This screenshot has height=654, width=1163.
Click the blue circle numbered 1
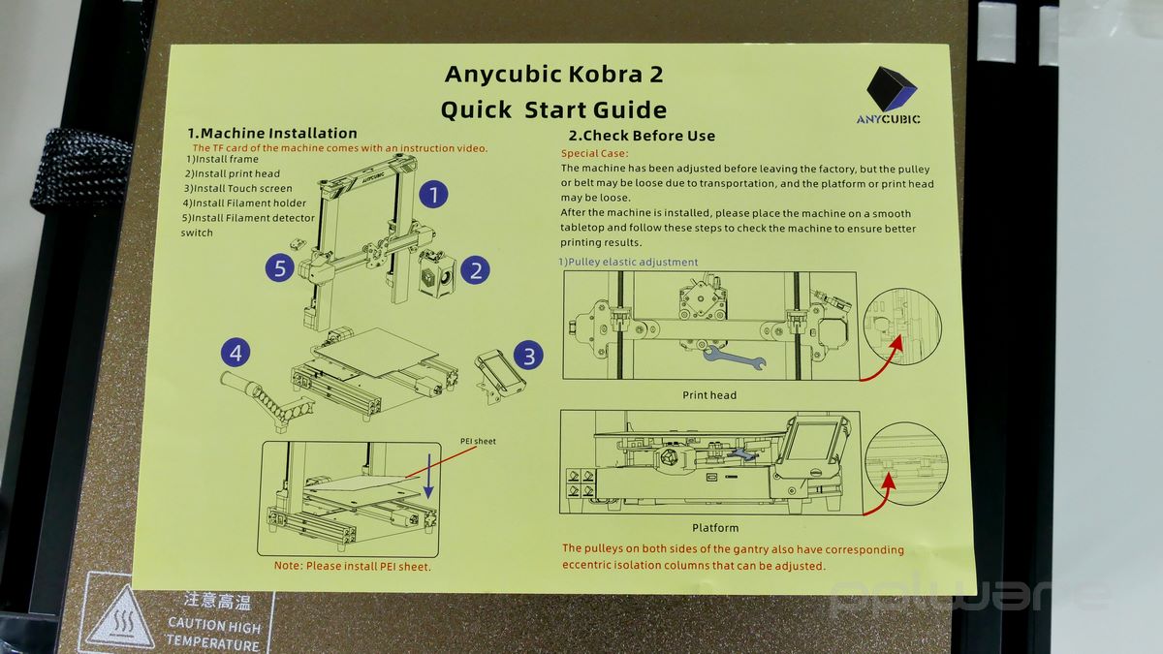click(x=433, y=194)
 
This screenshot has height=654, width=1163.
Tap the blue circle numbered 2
click(x=475, y=270)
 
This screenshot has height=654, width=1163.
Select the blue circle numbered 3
click(x=528, y=357)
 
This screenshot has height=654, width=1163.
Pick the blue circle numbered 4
click(x=236, y=353)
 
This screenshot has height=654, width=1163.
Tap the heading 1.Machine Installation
click(x=272, y=133)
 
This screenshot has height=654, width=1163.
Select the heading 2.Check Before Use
click(x=642, y=136)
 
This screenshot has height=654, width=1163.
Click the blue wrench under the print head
click(x=734, y=358)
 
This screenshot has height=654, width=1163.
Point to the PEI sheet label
click(x=478, y=441)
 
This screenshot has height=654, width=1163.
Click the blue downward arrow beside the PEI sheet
click(x=428, y=476)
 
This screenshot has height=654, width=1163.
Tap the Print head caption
click(x=709, y=395)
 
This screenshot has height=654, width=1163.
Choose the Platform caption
click(x=715, y=528)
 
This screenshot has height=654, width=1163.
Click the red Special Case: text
click(x=594, y=153)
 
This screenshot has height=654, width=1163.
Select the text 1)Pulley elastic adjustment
click(x=628, y=263)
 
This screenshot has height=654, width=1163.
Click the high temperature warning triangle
click(x=120, y=619)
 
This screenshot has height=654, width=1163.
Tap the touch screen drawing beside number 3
click(x=499, y=376)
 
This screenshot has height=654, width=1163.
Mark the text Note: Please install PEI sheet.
click(x=353, y=566)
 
